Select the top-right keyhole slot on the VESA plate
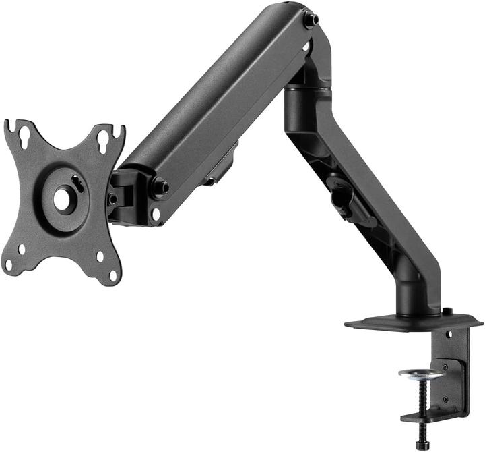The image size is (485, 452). (104, 140)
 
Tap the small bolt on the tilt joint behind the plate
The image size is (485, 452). (112, 199)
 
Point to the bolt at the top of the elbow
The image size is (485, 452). (311, 20)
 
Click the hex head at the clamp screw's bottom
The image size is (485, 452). (422, 445)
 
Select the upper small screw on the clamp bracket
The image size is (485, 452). (445, 367)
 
